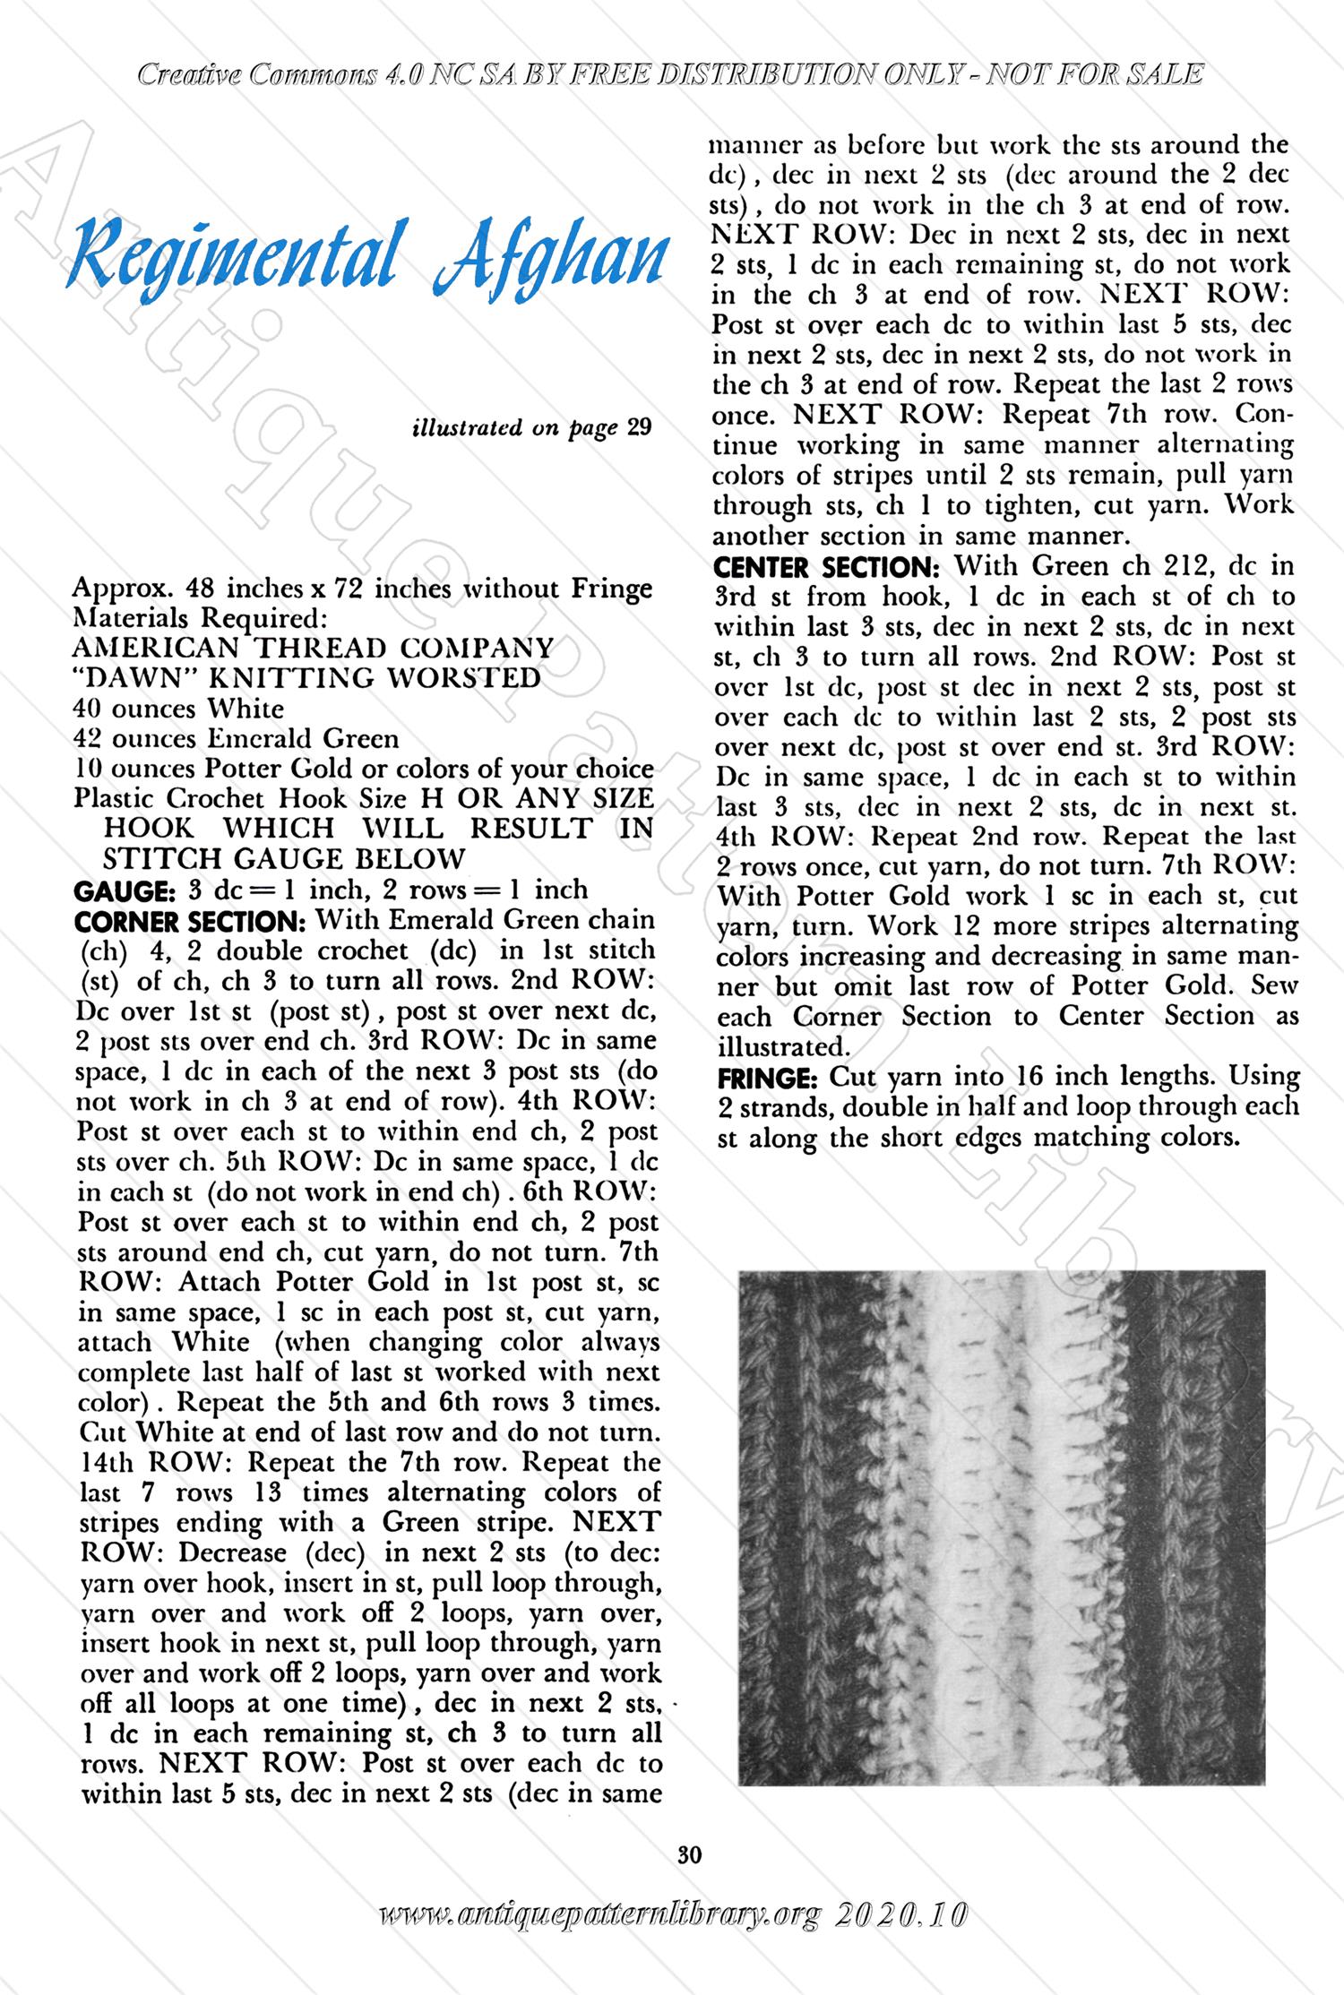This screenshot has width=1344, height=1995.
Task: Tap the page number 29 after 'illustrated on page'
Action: pos(639,427)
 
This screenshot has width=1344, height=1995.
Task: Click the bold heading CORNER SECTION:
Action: pos(190,921)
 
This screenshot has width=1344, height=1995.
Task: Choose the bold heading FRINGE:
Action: pos(769,1077)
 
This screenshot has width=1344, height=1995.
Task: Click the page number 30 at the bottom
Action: pos(689,1854)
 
